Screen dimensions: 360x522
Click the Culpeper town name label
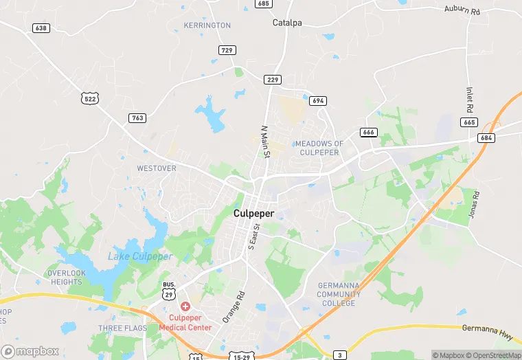[253, 214]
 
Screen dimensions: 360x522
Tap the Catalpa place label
[287, 23]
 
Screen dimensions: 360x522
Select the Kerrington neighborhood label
[207, 25]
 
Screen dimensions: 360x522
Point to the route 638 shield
[41, 28]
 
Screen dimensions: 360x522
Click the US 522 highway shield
[90, 99]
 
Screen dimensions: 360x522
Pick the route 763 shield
[137, 118]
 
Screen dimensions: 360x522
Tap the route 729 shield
[228, 50]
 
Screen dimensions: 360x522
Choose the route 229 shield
[273, 80]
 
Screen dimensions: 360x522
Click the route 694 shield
[317, 100]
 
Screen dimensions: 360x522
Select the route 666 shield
[367, 132]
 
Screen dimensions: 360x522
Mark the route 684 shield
[486, 138]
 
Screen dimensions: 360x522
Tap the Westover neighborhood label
[157, 168]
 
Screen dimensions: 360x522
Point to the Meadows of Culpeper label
[319, 148]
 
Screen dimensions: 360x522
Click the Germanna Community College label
[339, 294]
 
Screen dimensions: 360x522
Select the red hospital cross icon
[185, 306]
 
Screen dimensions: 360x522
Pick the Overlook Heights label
[67, 278]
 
